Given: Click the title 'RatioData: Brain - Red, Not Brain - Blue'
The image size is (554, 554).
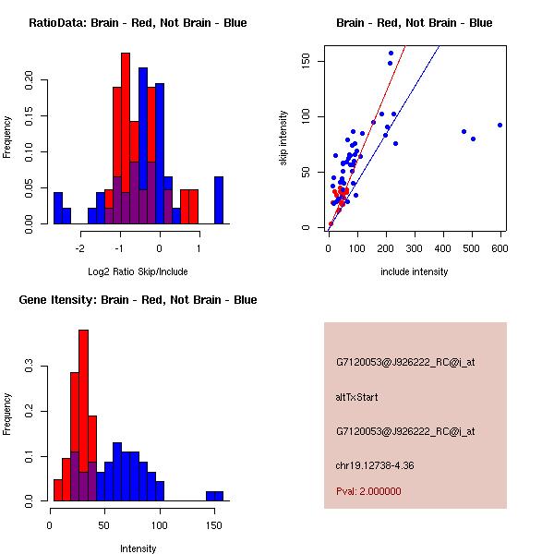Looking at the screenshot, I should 138,23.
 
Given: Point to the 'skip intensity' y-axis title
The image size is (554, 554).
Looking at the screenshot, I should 283,138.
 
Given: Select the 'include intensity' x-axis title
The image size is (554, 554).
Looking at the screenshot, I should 415,271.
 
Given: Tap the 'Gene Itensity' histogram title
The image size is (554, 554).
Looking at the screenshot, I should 138,300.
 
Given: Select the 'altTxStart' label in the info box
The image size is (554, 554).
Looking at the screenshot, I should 357,397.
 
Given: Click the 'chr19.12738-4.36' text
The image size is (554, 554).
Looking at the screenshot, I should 375,465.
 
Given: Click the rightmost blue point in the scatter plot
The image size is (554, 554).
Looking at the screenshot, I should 500,125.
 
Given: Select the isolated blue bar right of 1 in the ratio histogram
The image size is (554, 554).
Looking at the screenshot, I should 219,200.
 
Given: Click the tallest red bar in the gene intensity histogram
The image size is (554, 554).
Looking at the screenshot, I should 84,415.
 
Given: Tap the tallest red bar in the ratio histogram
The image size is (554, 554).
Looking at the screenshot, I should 125,138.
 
